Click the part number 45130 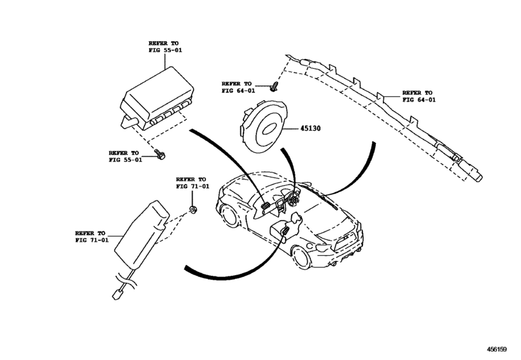tap(310, 129)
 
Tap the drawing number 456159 tap(500, 351)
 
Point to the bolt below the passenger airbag tap(159, 153)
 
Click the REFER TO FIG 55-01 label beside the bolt tap(127, 156)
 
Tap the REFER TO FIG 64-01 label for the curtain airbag tap(418, 96)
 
